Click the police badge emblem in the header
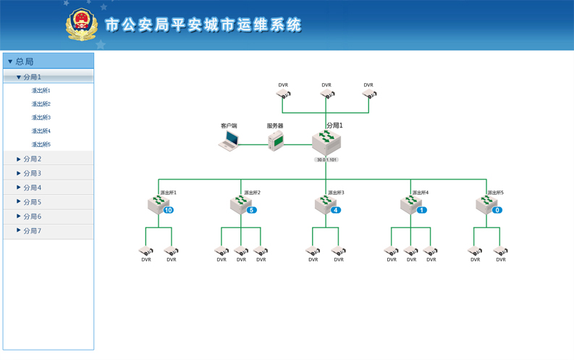coord(81,25)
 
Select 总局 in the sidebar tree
coord(25,62)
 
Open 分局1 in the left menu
coord(33,77)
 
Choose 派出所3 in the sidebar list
coord(41,117)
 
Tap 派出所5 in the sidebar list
coord(41,144)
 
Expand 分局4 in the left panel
coord(33,188)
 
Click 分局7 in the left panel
coord(33,231)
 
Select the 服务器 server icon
coord(276,140)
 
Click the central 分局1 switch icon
coord(326,142)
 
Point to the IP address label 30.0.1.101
coord(326,159)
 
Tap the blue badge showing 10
coord(168,210)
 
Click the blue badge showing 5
coord(252,210)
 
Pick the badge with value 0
coord(497,210)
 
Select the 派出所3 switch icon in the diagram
coord(324,204)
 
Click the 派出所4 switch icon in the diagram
coord(410,204)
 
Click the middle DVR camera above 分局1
coord(327,94)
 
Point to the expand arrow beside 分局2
coord(19,159)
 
